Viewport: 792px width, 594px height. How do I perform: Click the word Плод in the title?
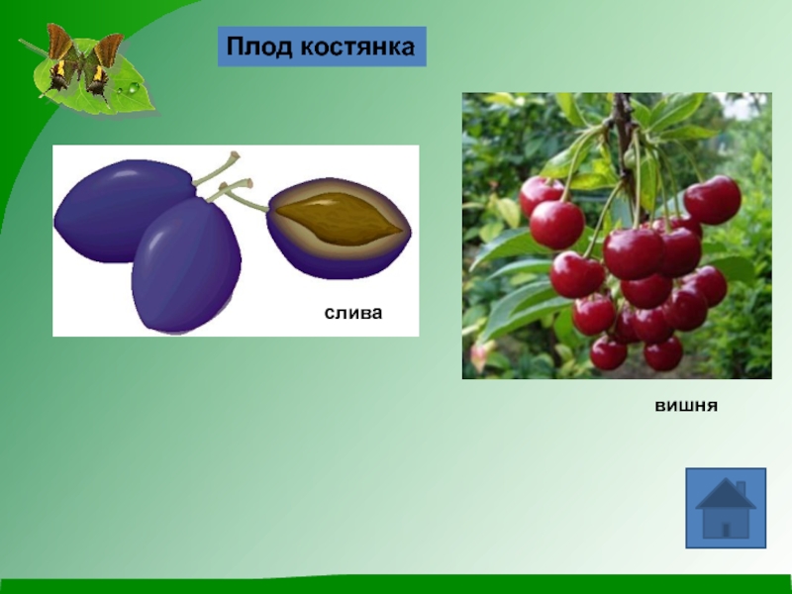tap(259, 47)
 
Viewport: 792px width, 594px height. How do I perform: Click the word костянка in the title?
tap(357, 47)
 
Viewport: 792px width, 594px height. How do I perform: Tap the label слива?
tap(353, 313)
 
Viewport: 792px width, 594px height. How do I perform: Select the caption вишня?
tap(686, 406)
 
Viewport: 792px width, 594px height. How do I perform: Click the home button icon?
tap(726, 508)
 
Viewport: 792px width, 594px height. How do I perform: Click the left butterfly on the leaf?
tap(59, 59)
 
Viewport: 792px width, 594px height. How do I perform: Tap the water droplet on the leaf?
tap(133, 88)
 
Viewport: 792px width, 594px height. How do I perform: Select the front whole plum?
tap(186, 266)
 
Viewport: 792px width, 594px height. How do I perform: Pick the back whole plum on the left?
tap(119, 210)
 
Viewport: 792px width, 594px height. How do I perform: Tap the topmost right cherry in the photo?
tap(712, 200)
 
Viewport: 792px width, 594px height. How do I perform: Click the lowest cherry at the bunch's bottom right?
tap(663, 353)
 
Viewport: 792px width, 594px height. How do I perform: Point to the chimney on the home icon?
tap(741, 489)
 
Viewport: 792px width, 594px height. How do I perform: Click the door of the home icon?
tap(726, 530)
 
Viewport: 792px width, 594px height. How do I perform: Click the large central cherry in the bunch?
tap(634, 253)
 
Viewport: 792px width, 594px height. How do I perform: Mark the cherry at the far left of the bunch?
tap(540, 194)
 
